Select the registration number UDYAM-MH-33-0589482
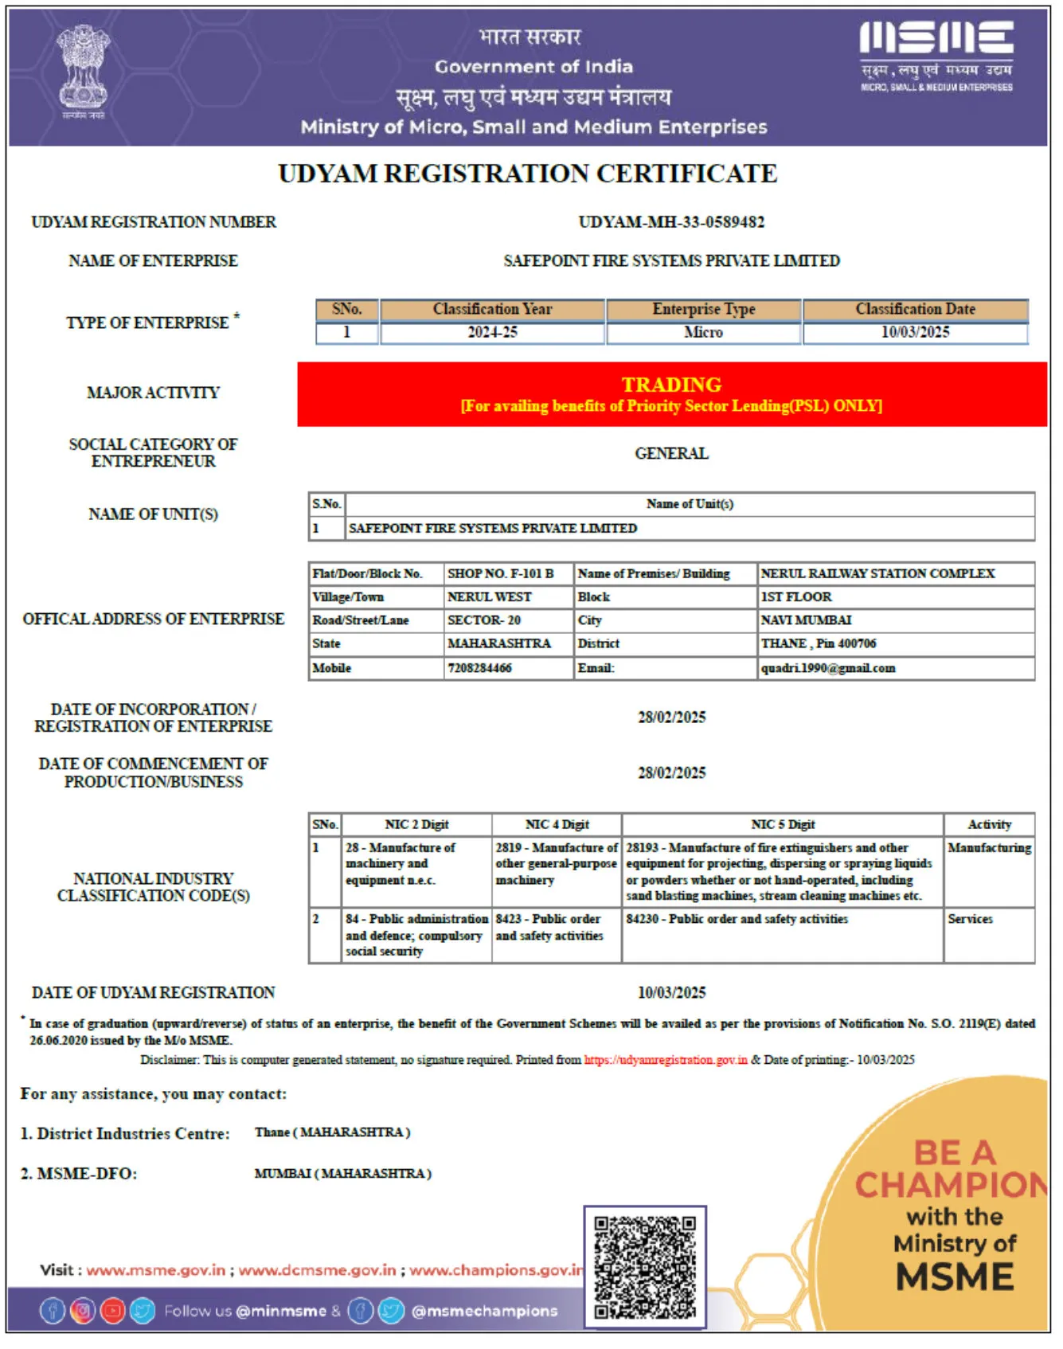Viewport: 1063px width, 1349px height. click(671, 222)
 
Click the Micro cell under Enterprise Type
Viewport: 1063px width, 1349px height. click(703, 333)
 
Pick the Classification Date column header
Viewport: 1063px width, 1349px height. click(915, 309)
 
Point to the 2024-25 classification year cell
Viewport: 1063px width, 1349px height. click(492, 333)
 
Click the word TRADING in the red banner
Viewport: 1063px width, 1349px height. click(671, 385)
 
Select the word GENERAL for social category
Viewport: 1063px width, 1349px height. click(671, 454)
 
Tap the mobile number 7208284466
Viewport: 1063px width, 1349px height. click(479, 668)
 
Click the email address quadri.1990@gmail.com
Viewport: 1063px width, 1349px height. click(828, 668)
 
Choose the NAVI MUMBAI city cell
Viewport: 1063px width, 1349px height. click(806, 620)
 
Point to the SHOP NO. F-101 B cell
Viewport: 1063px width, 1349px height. click(500, 573)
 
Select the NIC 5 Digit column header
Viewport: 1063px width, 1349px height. click(783, 825)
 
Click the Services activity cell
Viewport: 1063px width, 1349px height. click(970, 919)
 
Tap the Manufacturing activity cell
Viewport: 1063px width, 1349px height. click(989, 848)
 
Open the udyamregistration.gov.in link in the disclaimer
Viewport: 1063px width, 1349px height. click(666, 1060)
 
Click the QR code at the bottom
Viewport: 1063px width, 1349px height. click(645, 1267)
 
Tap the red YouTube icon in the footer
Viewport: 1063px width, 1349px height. click(112, 1311)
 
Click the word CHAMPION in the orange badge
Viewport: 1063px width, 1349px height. click(952, 1185)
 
